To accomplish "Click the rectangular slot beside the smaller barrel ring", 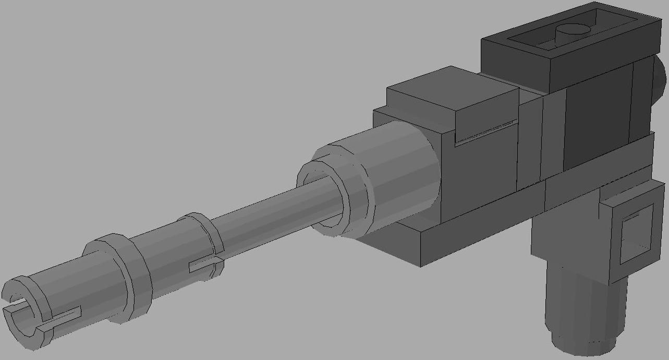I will click(x=202, y=265).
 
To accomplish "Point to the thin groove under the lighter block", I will click(x=485, y=134).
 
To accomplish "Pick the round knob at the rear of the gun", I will click(x=659, y=78).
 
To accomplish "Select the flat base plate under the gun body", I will click(x=469, y=230).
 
